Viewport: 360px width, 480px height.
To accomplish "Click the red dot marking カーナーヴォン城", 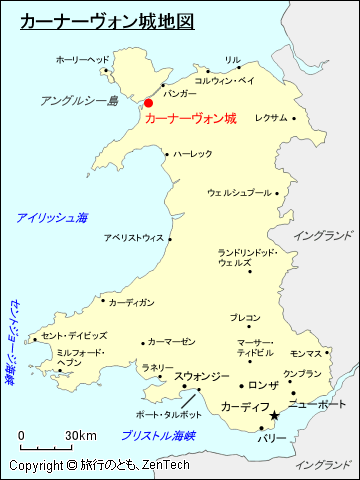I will [149, 102].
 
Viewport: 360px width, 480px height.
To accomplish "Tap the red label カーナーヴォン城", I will [191, 118].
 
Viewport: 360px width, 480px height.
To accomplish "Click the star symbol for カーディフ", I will [275, 416].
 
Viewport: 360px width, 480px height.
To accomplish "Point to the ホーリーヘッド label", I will [82, 60].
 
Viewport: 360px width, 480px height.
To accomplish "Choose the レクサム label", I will [271, 117].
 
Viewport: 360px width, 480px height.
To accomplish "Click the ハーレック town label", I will [192, 154].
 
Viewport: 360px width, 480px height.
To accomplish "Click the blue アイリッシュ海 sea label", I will [52, 217].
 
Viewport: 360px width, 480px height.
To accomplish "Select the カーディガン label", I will [131, 302].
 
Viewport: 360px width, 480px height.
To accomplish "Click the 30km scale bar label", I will [82, 435].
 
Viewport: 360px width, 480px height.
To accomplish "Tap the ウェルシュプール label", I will [239, 192].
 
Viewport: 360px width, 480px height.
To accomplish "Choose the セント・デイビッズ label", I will [75, 335].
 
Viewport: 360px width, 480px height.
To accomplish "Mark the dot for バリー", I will [262, 428].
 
